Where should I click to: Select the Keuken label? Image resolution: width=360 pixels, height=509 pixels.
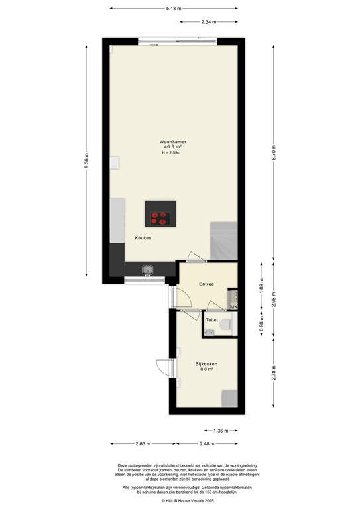[x=143, y=237]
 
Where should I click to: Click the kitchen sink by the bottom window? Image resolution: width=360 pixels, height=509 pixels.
[x=147, y=270]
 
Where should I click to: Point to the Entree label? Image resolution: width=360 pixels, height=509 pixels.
[x=206, y=284]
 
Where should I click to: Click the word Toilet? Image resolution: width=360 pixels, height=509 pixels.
[x=211, y=320]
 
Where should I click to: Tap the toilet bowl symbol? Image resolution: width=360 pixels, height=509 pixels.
[x=226, y=325]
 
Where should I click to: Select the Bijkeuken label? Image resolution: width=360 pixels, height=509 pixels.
[x=206, y=364]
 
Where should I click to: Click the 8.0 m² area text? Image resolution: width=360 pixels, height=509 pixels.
[x=206, y=370]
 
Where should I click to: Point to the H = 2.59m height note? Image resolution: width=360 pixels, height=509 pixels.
[x=170, y=154]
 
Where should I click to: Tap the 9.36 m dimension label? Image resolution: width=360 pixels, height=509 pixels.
[x=86, y=162]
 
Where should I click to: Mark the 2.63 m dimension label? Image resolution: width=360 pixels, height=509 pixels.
[x=142, y=444]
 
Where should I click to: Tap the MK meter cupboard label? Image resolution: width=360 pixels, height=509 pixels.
[x=233, y=307]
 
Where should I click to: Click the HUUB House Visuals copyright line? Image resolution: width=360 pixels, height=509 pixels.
[x=180, y=500]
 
